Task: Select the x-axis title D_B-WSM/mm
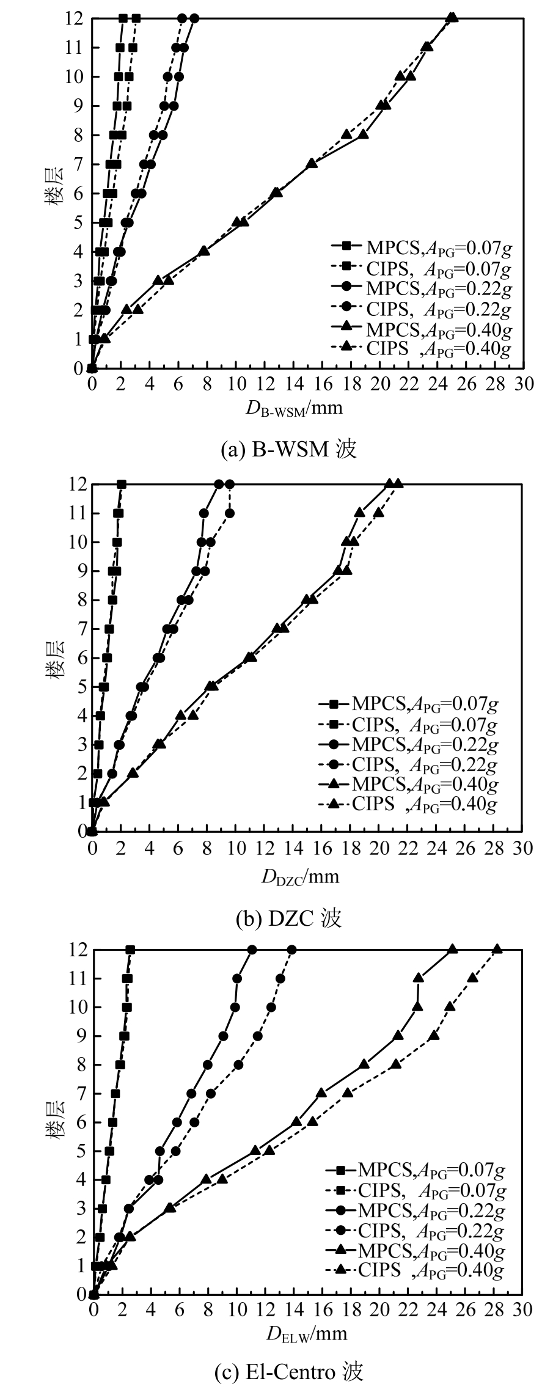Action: point(295,409)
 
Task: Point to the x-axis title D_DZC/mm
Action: point(300,877)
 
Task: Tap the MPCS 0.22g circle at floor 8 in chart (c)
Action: point(208,1064)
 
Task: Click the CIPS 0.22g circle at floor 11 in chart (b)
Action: point(230,513)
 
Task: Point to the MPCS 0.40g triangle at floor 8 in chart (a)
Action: point(364,134)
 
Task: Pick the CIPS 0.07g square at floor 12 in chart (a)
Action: point(136,18)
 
